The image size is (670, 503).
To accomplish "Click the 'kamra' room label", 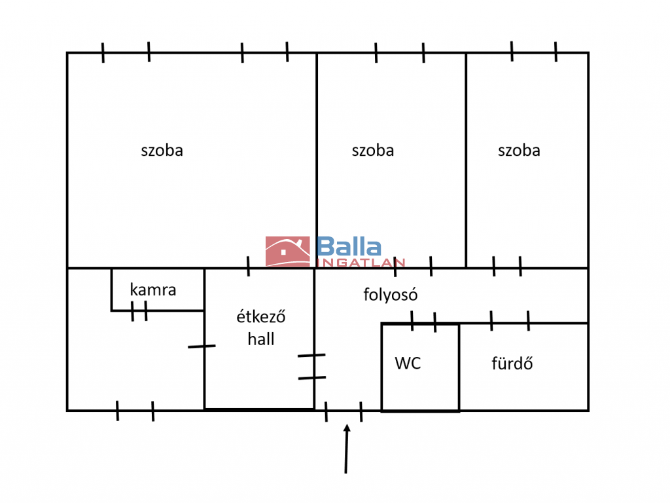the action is (153, 289).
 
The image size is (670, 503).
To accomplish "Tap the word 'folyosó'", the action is (390, 295).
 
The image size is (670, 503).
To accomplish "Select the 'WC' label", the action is (408, 363).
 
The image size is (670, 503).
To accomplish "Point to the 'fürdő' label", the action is (512, 363).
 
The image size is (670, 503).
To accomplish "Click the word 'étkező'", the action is (260, 316).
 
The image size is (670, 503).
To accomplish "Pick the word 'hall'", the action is (260, 339).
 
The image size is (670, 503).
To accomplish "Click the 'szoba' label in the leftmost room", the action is (162, 151).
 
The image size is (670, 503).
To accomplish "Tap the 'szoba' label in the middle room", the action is (372, 151).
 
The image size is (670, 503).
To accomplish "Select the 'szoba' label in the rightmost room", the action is (519, 151).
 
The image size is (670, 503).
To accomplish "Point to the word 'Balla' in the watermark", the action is (349, 246).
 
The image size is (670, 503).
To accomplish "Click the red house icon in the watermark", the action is (288, 251).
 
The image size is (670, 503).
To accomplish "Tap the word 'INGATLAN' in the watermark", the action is (361, 263).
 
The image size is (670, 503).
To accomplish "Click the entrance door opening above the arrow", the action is (344, 411).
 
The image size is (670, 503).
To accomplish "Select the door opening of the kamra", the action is (139, 310).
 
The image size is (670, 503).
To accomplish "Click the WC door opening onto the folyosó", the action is (423, 322).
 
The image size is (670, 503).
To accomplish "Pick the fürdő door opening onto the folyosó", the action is (510, 322).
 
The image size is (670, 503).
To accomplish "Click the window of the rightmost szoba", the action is (534, 52).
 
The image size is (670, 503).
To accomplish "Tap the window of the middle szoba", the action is (400, 52).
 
